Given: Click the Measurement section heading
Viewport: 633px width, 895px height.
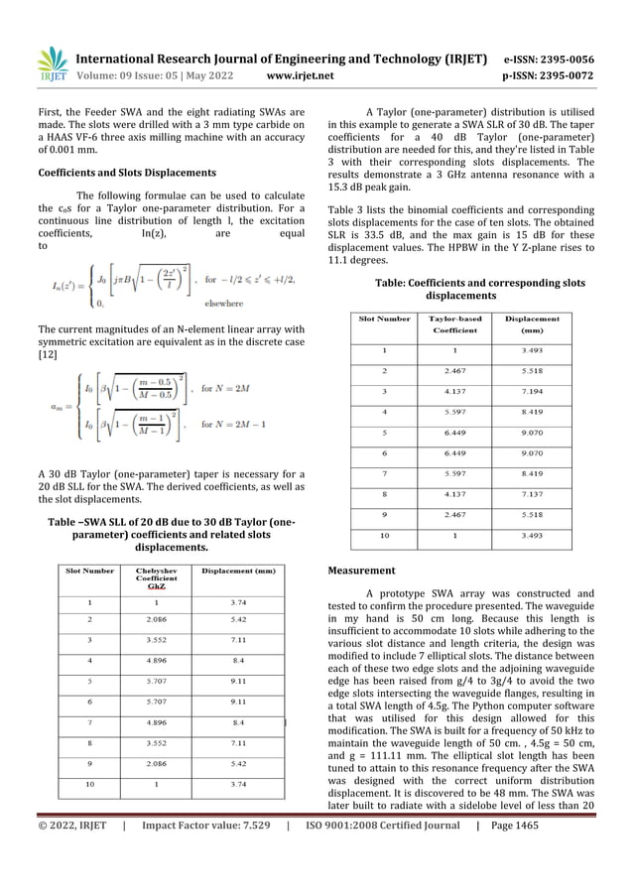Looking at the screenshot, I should click(361, 571).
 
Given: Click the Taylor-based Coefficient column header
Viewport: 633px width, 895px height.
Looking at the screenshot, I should click(456, 324).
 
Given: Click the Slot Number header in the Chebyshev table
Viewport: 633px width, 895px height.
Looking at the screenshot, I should click(90, 571).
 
